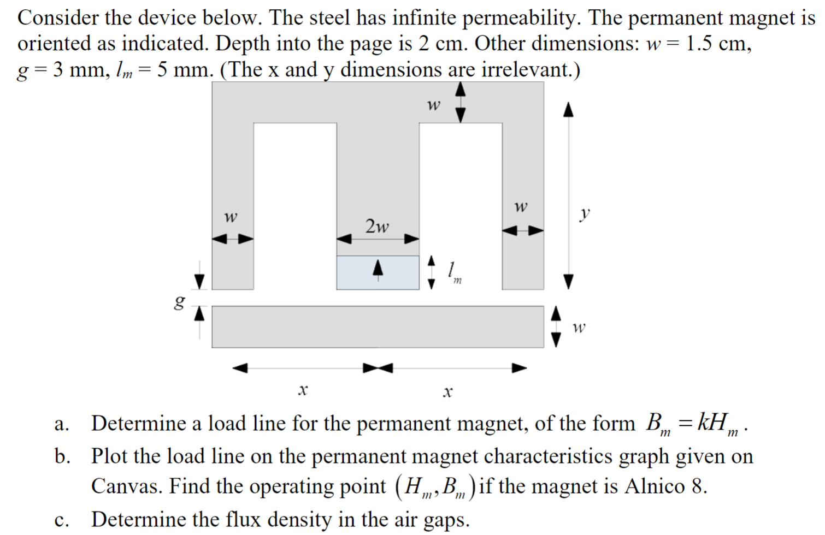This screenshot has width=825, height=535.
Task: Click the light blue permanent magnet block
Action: [x=358, y=273]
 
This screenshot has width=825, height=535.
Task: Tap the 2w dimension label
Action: [x=377, y=225]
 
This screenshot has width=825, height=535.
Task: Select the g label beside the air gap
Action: [x=179, y=302]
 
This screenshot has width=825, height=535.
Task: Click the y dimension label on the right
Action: [x=585, y=213]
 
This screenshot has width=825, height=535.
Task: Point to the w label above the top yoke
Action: [x=433, y=104]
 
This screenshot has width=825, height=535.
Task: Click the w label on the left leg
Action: [x=231, y=217]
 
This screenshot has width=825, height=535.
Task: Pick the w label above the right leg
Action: [x=521, y=207]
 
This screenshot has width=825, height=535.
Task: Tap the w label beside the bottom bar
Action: [x=579, y=328]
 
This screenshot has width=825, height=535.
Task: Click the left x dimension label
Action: [x=303, y=390]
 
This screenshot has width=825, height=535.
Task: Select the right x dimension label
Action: [x=447, y=391]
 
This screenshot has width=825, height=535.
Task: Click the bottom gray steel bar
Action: [x=377, y=326]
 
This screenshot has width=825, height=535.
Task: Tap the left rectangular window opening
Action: [x=294, y=205]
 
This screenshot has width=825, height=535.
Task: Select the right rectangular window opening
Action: [x=460, y=205]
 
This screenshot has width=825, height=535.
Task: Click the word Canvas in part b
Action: [x=125, y=485]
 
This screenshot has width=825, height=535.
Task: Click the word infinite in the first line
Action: [x=425, y=18]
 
